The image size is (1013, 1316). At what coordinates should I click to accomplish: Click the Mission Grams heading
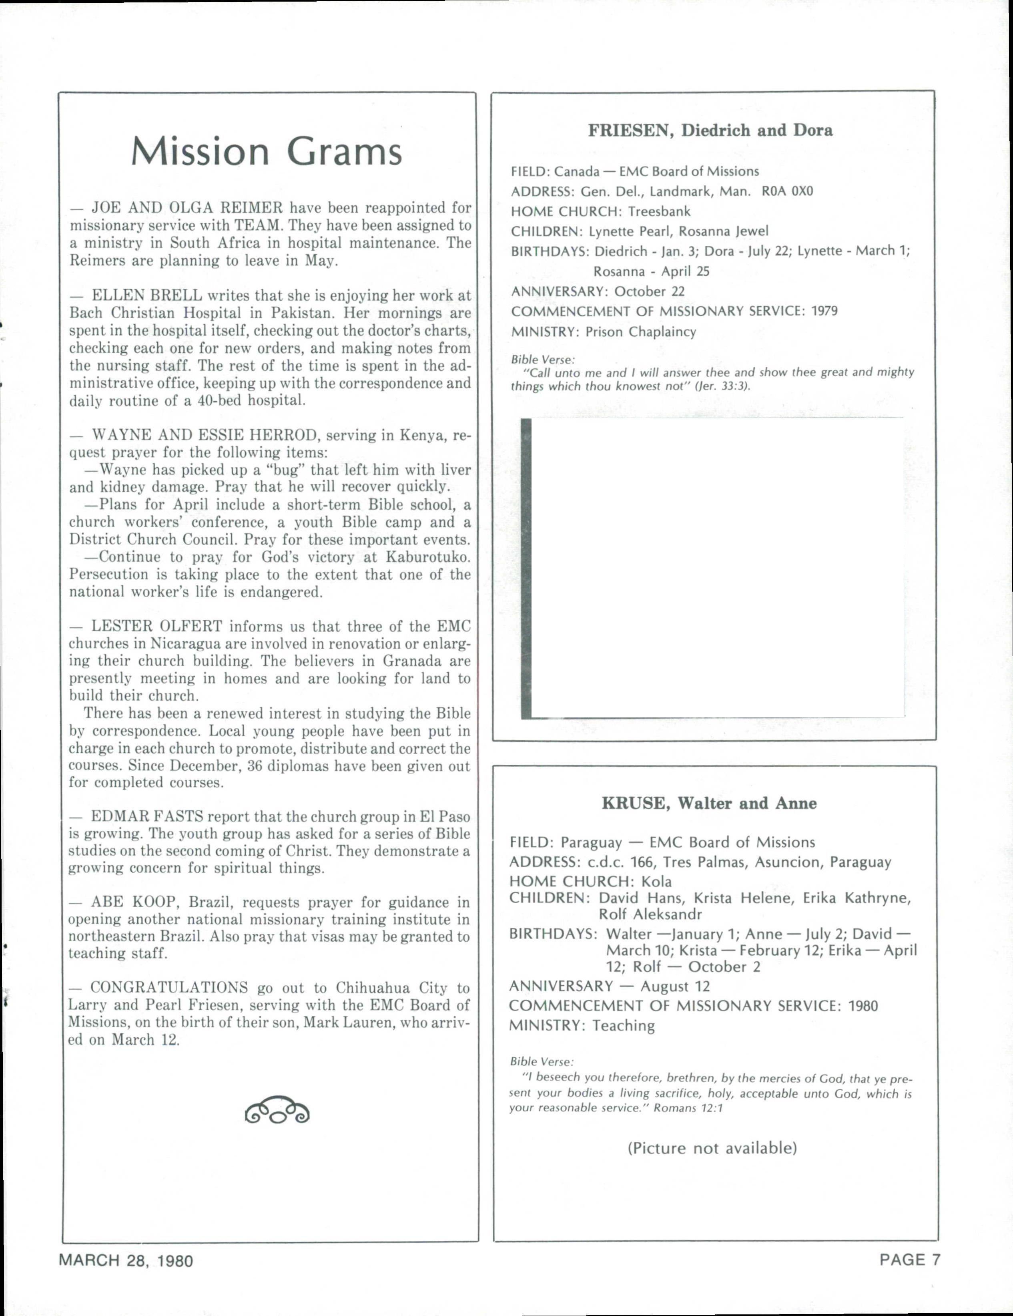(x=266, y=152)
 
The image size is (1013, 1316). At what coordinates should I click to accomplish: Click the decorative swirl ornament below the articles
(x=277, y=1109)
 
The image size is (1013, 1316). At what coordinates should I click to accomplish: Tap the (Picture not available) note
(x=712, y=1148)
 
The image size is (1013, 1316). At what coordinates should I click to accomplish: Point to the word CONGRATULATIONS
(x=168, y=988)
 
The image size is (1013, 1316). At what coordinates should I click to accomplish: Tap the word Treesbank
(x=659, y=211)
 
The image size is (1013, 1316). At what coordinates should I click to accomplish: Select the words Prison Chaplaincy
(x=640, y=332)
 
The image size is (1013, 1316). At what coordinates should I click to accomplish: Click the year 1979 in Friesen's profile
(x=824, y=311)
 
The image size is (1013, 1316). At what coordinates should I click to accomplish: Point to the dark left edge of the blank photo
(x=526, y=568)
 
